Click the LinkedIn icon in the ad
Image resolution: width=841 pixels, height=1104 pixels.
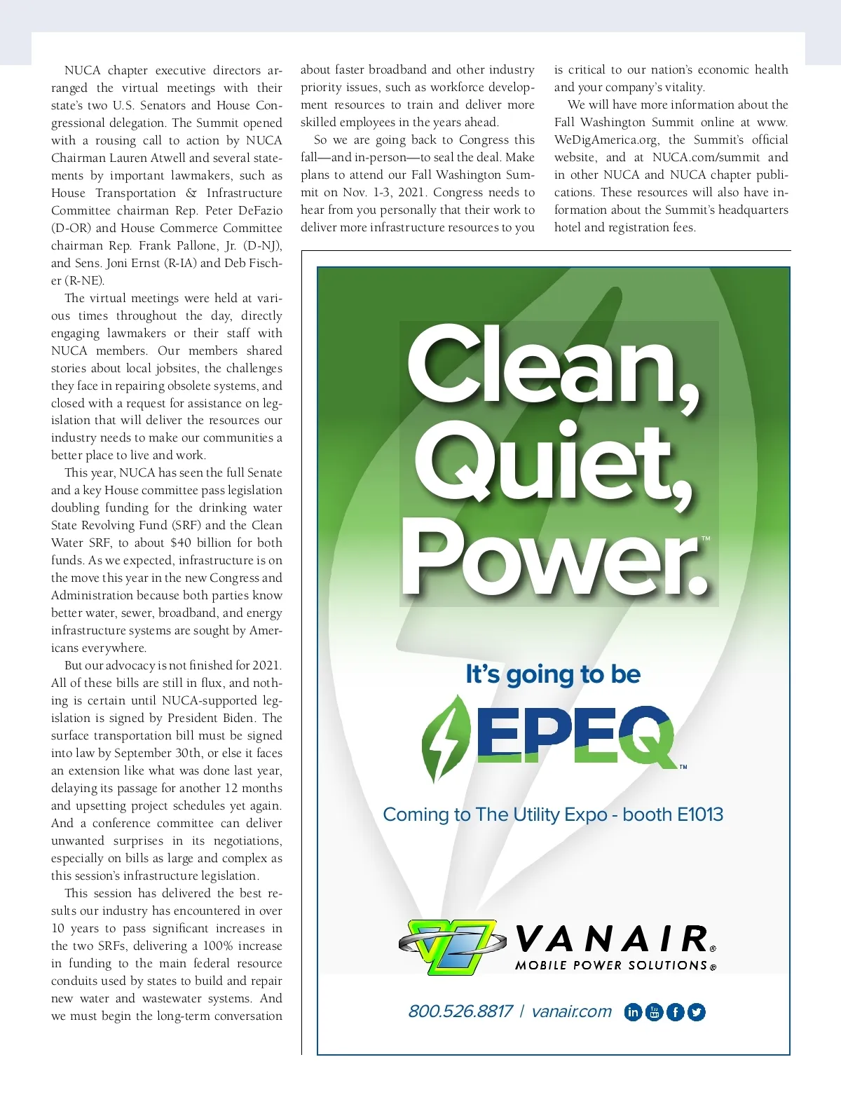(633, 1011)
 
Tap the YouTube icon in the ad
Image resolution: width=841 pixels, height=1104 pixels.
(654, 1011)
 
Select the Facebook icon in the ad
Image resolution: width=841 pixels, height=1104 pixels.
(675, 1011)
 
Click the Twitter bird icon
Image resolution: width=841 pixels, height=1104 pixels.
(697, 1011)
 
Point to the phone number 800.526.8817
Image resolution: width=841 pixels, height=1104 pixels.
(460, 1011)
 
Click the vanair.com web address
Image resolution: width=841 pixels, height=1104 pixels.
(571, 1011)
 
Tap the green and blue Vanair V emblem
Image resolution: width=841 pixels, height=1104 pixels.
(452, 946)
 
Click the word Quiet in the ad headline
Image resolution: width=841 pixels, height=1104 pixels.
(554, 464)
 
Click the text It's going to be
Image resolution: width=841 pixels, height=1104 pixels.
(553, 674)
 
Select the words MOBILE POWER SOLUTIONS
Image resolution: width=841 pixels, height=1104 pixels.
(611, 965)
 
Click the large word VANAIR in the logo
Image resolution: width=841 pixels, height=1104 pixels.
(611, 939)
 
